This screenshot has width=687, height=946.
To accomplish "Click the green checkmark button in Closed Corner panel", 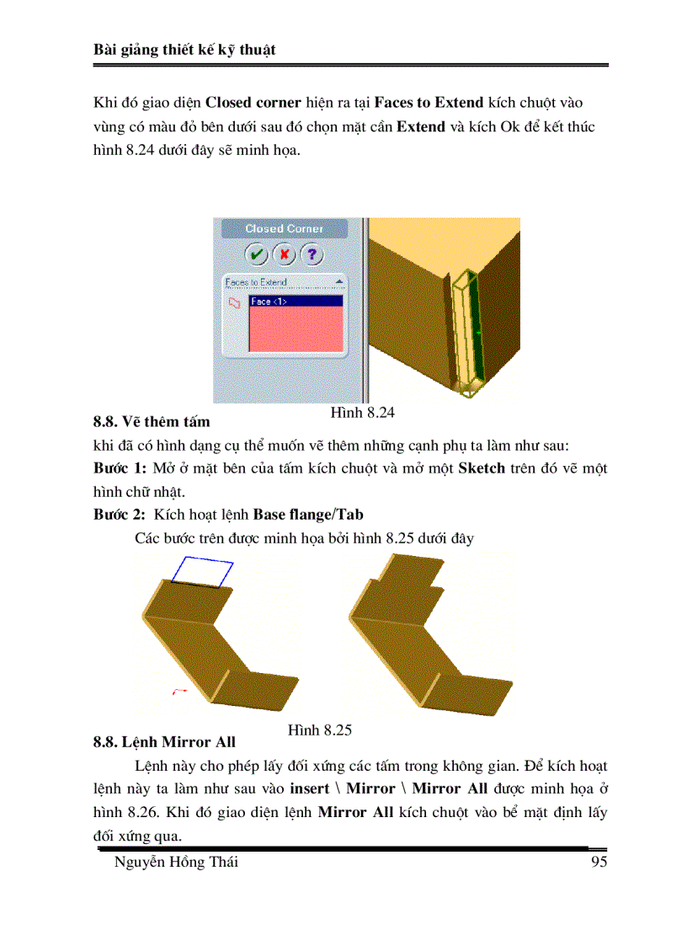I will [x=257, y=254].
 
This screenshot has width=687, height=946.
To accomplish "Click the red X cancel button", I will [x=285, y=254].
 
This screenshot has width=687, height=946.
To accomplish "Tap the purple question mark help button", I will [x=312, y=254].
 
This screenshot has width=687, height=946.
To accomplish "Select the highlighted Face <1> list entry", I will [x=296, y=301].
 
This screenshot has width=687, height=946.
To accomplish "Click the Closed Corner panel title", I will [x=284, y=228].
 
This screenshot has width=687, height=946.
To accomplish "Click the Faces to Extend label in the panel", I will [x=256, y=282].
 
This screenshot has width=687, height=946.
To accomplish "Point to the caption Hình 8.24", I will [x=362, y=413].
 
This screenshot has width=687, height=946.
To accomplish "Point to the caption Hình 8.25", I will [x=319, y=730].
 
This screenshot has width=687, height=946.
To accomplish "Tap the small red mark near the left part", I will [x=178, y=692].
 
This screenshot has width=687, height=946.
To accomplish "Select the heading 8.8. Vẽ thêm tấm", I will [x=152, y=421].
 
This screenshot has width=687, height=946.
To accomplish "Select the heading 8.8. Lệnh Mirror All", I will [x=164, y=742].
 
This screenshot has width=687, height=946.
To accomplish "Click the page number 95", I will [x=599, y=862].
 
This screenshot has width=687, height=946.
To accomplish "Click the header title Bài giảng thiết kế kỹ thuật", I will [x=184, y=51].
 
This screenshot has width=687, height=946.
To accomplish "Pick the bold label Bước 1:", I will [x=120, y=468].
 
